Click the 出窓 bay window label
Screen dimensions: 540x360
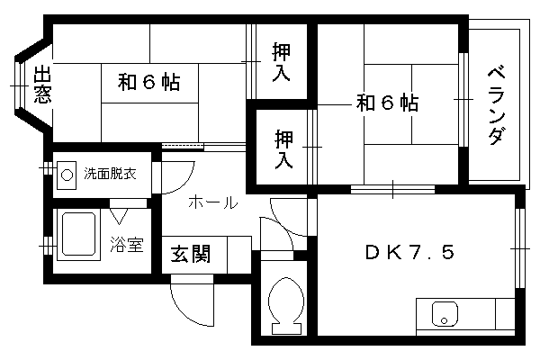(42, 85)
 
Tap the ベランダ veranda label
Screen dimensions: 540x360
(498, 106)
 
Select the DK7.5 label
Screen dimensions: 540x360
(409, 252)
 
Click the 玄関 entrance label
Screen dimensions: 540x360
(191, 254)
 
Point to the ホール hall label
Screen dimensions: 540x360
(213, 202)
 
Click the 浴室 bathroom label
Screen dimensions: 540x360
(126, 244)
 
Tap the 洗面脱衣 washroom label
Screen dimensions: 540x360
(110, 174)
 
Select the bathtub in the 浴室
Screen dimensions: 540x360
(78, 234)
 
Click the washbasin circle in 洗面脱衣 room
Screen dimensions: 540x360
(67, 175)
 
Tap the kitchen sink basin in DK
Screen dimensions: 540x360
(445, 314)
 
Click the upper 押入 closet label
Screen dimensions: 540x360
(282, 62)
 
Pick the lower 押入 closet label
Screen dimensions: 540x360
(283, 149)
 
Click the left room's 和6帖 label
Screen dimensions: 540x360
(148, 82)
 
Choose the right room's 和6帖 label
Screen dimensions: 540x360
(387, 103)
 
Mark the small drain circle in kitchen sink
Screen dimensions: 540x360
(444, 321)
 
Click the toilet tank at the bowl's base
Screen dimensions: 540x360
(286, 328)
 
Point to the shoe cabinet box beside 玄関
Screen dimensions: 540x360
(239, 255)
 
